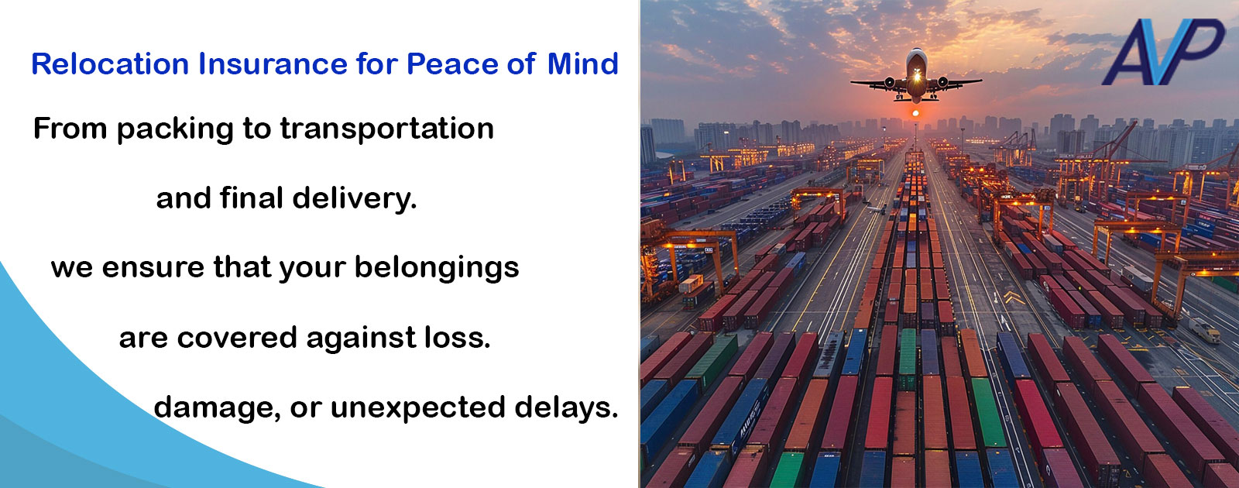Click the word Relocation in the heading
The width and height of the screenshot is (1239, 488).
click(110, 64)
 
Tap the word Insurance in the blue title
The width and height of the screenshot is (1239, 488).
click(273, 64)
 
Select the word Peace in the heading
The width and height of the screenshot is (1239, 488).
click(452, 64)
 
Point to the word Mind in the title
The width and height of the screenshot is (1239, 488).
click(582, 64)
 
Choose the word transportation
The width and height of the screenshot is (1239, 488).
click(386, 129)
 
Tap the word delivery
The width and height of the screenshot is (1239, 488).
click(355, 198)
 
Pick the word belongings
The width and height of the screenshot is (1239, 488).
click(437, 268)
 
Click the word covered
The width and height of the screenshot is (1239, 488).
click(237, 338)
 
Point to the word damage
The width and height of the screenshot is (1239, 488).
click(217, 408)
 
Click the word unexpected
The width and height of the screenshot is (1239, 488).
click(417, 408)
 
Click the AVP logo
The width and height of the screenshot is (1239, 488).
click(1162, 52)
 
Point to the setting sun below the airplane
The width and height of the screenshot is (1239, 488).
click(915, 113)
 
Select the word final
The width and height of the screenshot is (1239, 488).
click(252, 198)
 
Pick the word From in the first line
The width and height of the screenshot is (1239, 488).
click(70, 129)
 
